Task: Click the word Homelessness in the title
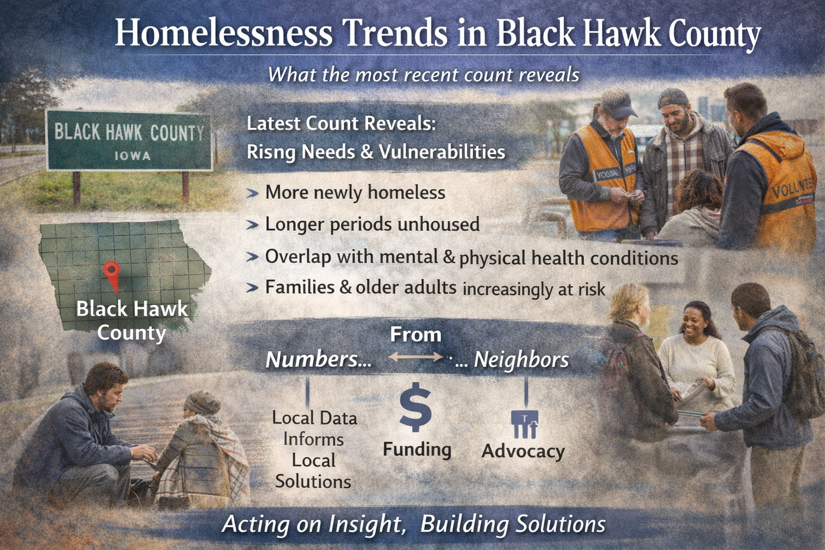pyautogui.click(x=223, y=33)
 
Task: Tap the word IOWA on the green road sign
pyautogui.click(x=132, y=156)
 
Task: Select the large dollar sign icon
pyautogui.click(x=415, y=407)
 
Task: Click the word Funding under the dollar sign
pyautogui.click(x=417, y=449)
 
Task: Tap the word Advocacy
pyautogui.click(x=523, y=451)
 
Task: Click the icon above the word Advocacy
pyautogui.click(x=524, y=424)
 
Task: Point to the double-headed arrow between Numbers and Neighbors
pyautogui.click(x=415, y=357)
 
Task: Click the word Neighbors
pyautogui.click(x=521, y=359)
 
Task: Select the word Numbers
pyautogui.click(x=319, y=359)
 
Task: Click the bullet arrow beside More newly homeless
pyautogui.click(x=252, y=193)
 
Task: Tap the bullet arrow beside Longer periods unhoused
pyautogui.click(x=252, y=225)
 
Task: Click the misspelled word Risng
pyautogui.click(x=271, y=153)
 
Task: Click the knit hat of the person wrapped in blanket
pyautogui.click(x=203, y=401)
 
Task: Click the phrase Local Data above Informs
pyautogui.click(x=314, y=418)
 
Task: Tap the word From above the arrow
pyautogui.click(x=415, y=335)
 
